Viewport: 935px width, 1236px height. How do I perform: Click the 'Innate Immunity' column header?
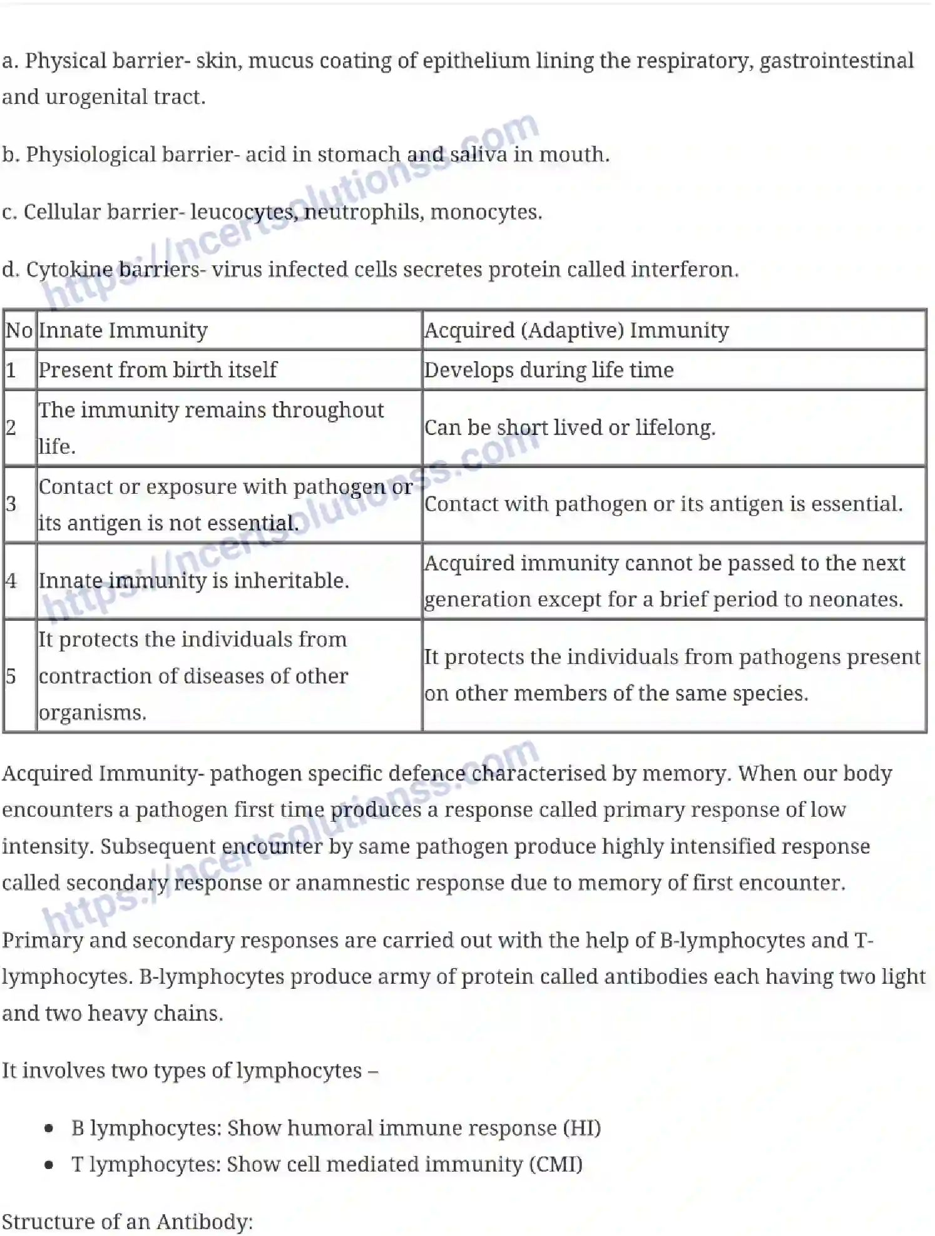pos(123,330)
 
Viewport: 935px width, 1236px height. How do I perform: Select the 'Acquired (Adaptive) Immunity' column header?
pos(576,330)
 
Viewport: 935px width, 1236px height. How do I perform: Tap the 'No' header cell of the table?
pos(19,330)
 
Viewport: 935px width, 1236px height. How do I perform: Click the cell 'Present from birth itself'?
pos(157,370)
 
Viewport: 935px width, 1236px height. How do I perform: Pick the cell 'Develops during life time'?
pos(549,370)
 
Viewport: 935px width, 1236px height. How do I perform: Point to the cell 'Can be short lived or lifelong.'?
pos(570,427)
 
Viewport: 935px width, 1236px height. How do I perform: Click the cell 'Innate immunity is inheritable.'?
pos(193,581)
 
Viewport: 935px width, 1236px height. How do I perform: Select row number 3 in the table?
pos(11,504)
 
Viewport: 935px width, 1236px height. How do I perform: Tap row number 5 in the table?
pos(11,676)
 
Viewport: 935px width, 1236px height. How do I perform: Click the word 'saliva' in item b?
pos(479,155)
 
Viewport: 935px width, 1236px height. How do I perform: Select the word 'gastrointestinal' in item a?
pos(836,61)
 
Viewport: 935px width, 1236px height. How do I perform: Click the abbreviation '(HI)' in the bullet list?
pos(582,1128)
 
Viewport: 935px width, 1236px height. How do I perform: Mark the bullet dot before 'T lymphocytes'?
pos(49,1165)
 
